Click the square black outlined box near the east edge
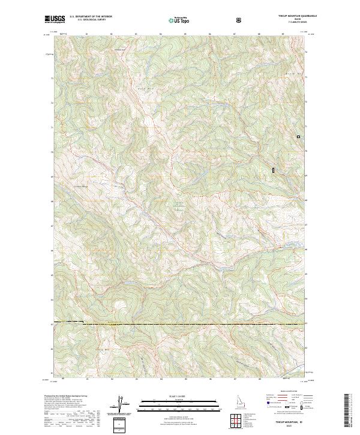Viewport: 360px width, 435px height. [x=298, y=137]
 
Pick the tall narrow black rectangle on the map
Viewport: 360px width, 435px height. [x=273, y=170]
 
